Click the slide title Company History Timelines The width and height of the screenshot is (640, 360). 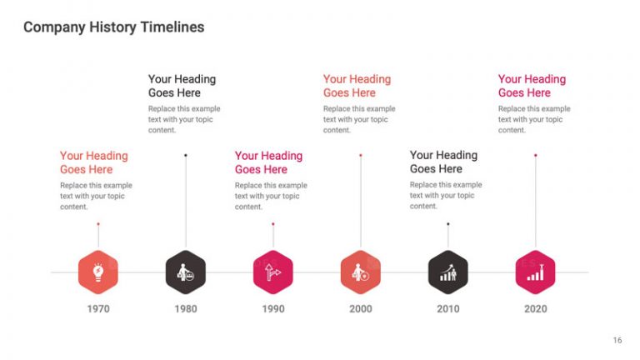pyautogui.click(x=113, y=27)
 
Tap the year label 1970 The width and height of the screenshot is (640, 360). pyautogui.click(x=98, y=309)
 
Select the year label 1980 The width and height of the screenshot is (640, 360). pyautogui.click(x=186, y=309)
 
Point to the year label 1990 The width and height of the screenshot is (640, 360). pyautogui.click(x=273, y=309)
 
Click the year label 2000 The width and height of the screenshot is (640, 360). pyautogui.click(x=361, y=309)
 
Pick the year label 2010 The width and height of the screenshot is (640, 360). pyautogui.click(x=448, y=309)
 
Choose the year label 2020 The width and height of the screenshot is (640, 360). pyautogui.click(x=536, y=309)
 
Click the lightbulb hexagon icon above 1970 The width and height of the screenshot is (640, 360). pyautogui.click(x=98, y=272)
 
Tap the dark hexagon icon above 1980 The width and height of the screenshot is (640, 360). pyautogui.click(x=186, y=272)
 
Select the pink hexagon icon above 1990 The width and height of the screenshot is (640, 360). pyautogui.click(x=273, y=272)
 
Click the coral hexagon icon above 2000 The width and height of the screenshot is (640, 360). pyautogui.click(x=361, y=272)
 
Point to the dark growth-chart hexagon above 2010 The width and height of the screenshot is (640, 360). pyautogui.click(x=448, y=272)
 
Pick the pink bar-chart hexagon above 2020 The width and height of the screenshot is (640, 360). pyautogui.click(x=536, y=272)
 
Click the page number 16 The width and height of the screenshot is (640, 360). pyautogui.click(x=617, y=340)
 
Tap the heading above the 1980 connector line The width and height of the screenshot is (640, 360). pyautogui.click(x=182, y=86)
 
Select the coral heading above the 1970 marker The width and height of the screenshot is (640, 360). pyautogui.click(x=93, y=162)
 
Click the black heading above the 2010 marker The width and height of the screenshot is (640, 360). pyautogui.click(x=443, y=162)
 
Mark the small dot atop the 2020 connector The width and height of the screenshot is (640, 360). pyautogui.click(x=536, y=155)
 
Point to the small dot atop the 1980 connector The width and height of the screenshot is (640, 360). pyautogui.click(x=186, y=155)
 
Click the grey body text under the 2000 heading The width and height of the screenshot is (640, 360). pyautogui.click(x=359, y=119)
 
